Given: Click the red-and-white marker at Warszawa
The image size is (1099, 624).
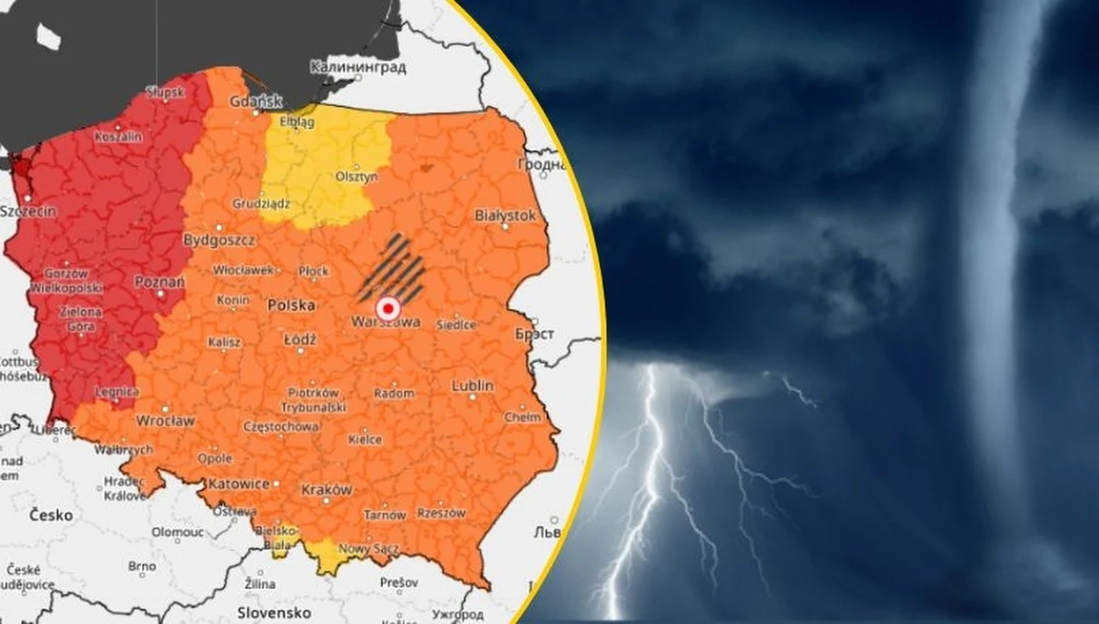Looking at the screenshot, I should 387,308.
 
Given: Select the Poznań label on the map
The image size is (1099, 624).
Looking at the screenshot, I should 154,282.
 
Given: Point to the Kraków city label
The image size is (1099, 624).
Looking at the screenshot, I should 325,489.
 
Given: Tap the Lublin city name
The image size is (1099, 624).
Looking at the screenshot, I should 472,387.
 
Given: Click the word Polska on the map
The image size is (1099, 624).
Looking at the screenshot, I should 290,305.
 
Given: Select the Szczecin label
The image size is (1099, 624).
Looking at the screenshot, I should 28,212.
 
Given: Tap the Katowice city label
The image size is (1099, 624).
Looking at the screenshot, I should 238,483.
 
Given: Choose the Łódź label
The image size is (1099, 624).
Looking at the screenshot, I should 299,339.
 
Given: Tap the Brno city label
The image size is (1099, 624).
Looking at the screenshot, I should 142,567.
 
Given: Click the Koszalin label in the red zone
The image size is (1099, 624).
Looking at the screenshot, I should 122,137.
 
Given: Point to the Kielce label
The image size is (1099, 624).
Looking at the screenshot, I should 365,440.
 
